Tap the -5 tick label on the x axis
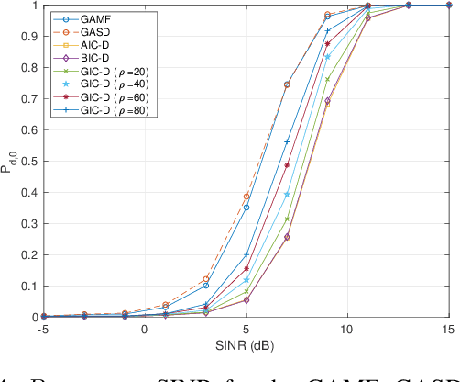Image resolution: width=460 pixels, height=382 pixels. click(x=42, y=329)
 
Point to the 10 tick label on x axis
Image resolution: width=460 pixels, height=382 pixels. click(x=347, y=329)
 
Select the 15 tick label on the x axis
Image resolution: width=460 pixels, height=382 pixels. click(x=448, y=329)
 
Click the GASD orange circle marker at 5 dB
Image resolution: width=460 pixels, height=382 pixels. click(x=246, y=197)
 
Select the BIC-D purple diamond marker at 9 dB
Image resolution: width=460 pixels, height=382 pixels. click(x=327, y=101)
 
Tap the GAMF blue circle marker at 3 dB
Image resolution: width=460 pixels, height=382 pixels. click(x=205, y=286)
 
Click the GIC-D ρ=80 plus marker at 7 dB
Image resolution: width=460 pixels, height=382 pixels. click(x=287, y=141)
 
